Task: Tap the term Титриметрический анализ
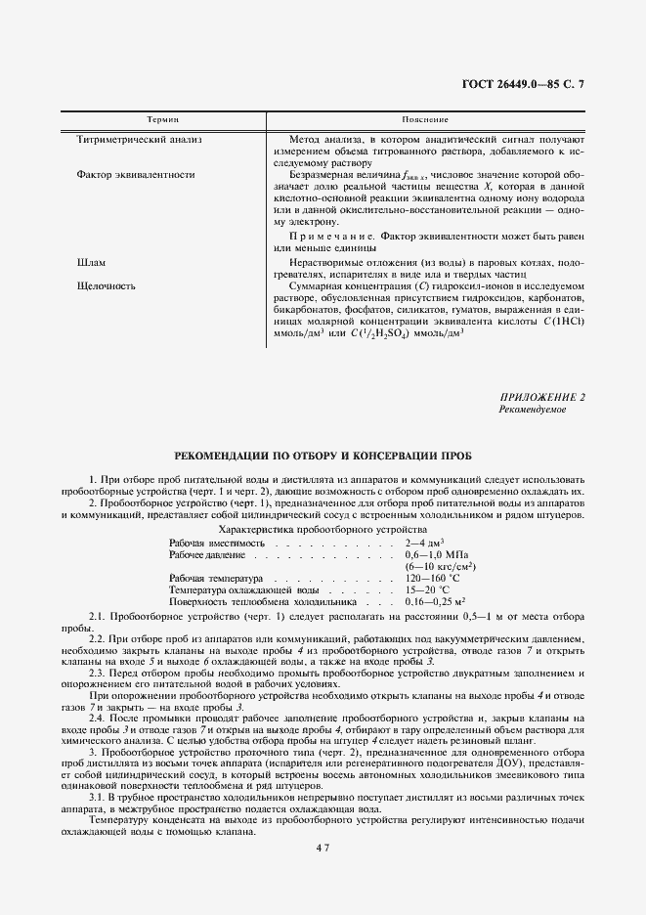click(x=139, y=140)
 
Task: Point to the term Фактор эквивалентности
click(x=135, y=175)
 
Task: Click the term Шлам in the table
click(x=90, y=264)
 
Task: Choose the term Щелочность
click(x=107, y=286)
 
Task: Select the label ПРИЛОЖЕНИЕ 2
click(x=541, y=398)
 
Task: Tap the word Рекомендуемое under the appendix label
click(x=532, y=410)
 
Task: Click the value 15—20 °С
click(x=426, y=590)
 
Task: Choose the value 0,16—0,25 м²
click(x=434, y=602)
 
